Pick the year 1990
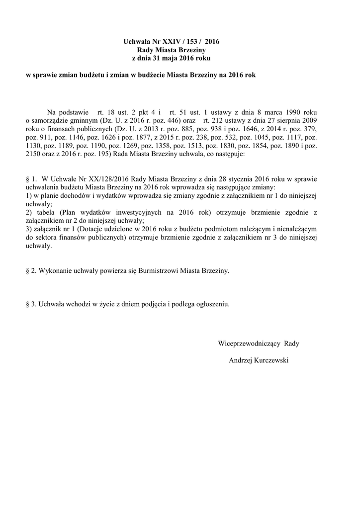[299, 112]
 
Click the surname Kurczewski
[271, 360]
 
